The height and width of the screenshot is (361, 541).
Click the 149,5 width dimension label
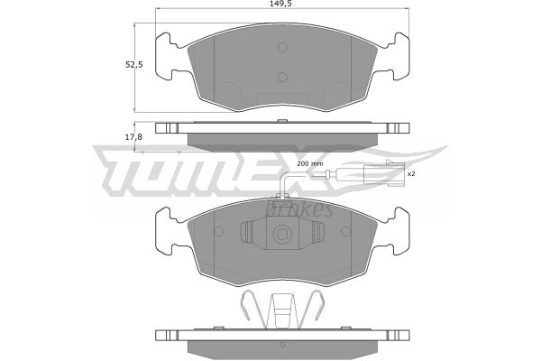(x=282, y=4)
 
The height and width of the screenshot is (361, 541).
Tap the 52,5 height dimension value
(x=134, y=65)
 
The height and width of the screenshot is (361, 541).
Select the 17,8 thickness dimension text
(x=133, y=137)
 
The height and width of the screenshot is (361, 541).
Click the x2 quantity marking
(x=410, y=174)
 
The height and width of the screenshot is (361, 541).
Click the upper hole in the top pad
(x=282, y=47)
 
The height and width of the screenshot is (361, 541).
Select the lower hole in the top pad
(x=282, y=77)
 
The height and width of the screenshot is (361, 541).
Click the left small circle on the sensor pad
(x=219, y=231)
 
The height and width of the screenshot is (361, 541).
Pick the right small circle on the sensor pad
(x=346, y=231)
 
